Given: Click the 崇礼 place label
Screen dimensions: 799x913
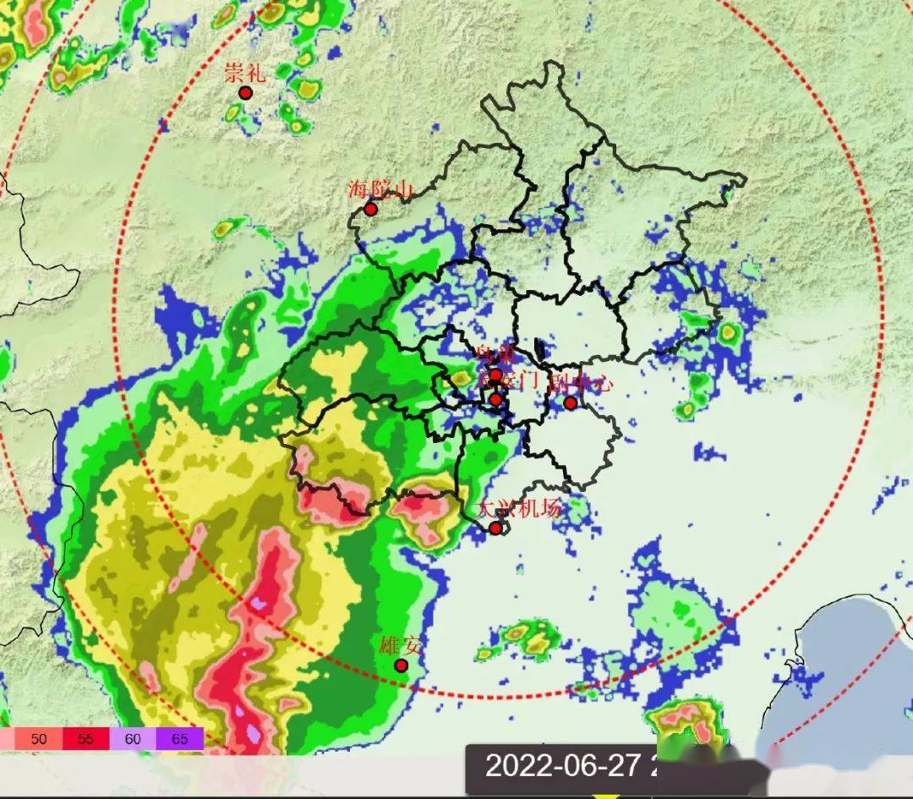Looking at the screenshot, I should point(245,73).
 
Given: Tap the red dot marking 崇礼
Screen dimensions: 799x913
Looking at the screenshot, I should point(246,93).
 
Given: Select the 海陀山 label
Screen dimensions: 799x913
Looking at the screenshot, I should point(380,189).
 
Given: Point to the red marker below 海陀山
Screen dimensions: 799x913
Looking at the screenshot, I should point(370,209).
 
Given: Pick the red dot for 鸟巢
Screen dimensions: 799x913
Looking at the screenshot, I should point(495,375).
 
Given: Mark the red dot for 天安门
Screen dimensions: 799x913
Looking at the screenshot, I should point(495,399).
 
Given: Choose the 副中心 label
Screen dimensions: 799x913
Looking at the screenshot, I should point(579,382).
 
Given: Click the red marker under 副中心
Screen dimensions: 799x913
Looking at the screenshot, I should point(571,402).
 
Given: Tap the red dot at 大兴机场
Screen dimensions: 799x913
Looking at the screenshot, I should point(495,528).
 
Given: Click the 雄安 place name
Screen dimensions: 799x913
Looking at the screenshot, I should point(401,647).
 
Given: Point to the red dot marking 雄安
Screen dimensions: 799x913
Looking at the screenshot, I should point(402,666).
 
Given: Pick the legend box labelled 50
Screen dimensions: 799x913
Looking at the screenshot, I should point(39,739).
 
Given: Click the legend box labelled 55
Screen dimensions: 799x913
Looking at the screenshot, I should point(85,739).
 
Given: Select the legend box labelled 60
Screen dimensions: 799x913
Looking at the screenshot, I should point(133,739).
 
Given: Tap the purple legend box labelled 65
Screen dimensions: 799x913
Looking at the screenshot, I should point(180,739).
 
